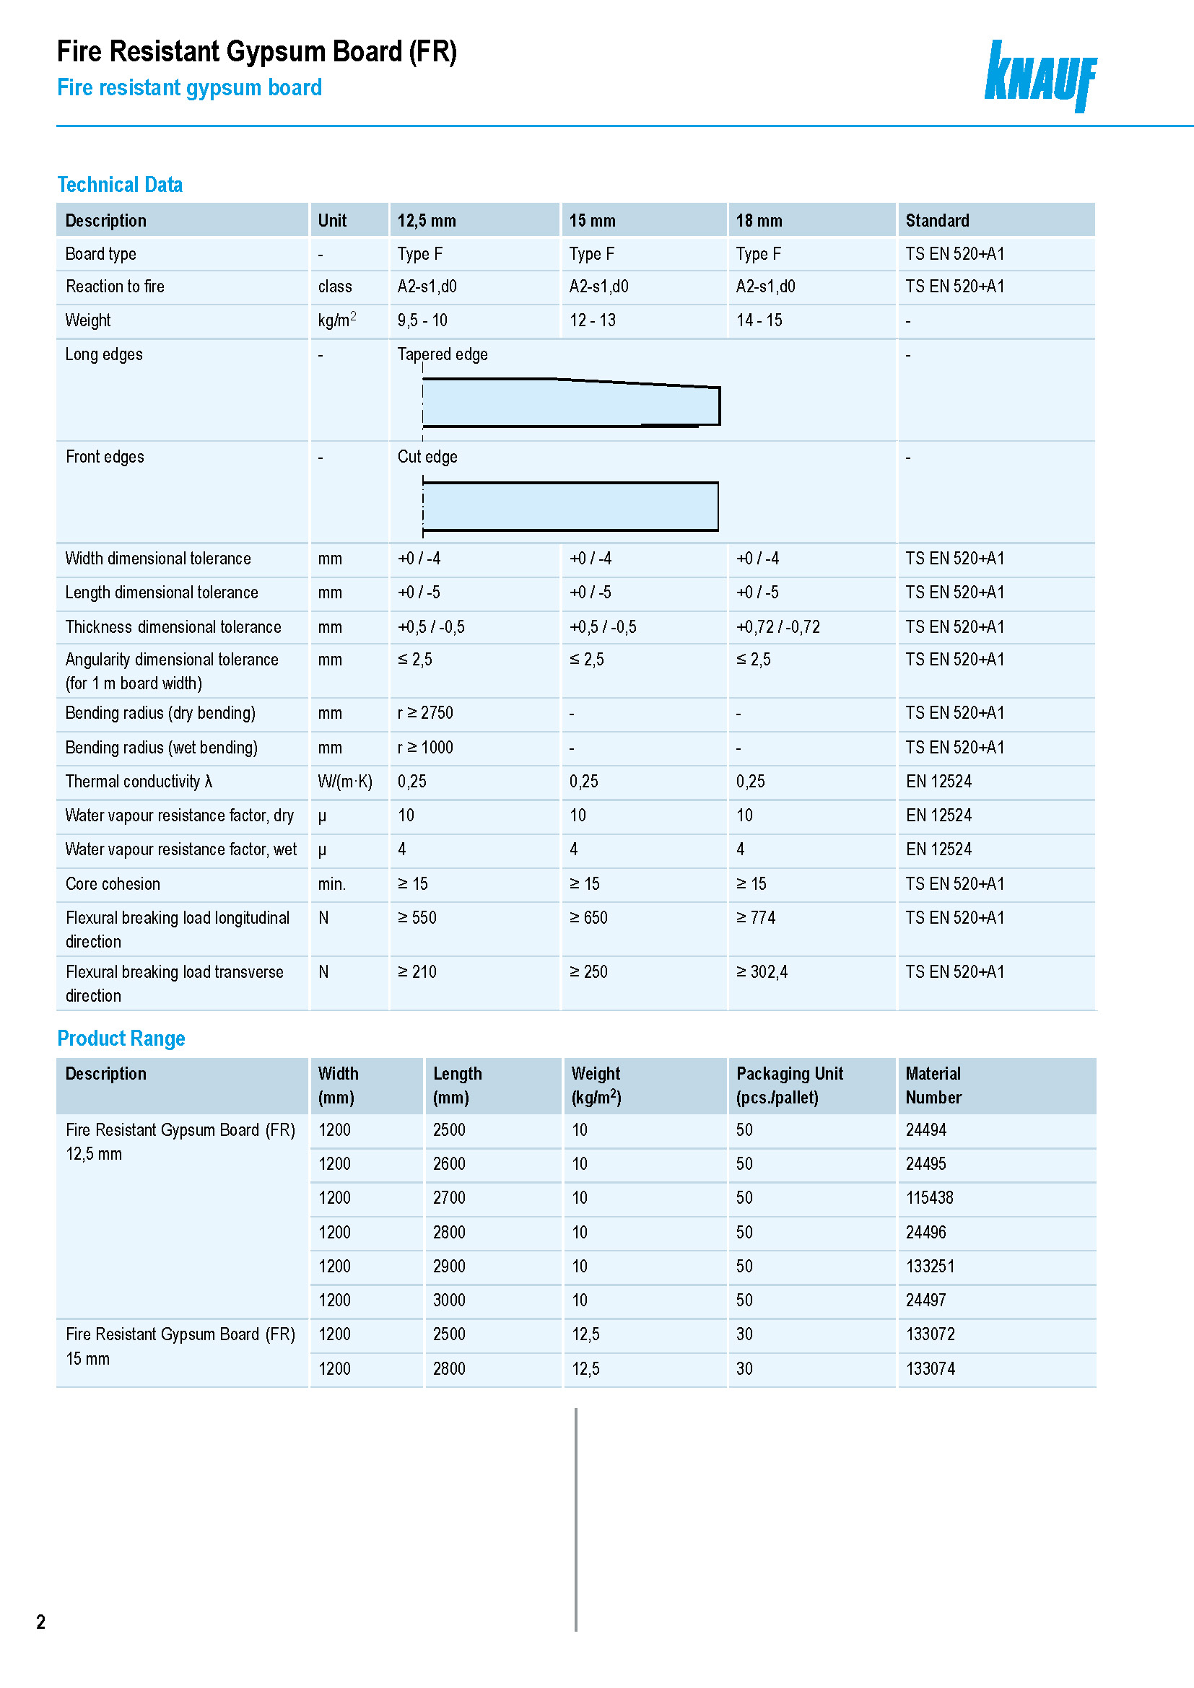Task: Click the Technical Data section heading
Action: click(120, 185)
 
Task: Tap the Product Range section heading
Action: click(121, 1038)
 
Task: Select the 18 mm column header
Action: click(759, 221)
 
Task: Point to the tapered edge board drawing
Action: click(570, 402)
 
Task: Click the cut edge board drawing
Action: click(570, 506)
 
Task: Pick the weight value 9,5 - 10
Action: click(422, 320)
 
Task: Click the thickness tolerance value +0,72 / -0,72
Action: click(778, 627)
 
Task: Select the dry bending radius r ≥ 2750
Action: click(425, 713)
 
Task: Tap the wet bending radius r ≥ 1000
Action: click(425, 748)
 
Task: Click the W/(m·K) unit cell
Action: click(345, 782)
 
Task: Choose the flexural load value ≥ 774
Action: click(756, 917)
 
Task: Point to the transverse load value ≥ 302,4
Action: click(762, 972)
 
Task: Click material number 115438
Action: click(929, 1198)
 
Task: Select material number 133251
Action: click(930, 1266)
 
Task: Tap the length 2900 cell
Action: click(448, 1266)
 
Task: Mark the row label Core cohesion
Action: click(113, 884)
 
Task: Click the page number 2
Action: click(41, 1622)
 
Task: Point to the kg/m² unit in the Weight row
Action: click(336, 320)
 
